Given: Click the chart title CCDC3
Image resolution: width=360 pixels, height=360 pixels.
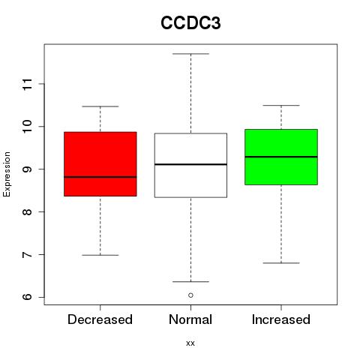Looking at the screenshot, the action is tap(190, 23).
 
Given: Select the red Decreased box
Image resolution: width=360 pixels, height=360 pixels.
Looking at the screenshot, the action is tap(100, 164).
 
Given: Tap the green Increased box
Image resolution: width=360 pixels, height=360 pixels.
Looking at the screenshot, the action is tap(281, 157).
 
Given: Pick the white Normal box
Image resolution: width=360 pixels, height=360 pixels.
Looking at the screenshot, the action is tap(190, 165).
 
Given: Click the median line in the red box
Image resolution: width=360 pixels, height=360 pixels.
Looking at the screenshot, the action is tap(100, 177).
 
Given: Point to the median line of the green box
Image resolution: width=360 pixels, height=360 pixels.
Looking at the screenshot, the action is tap(281, 157).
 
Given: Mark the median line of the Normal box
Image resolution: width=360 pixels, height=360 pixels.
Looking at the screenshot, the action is tap(190, 164).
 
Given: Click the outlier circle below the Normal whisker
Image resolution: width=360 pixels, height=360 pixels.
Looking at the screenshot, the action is tap(190, 295).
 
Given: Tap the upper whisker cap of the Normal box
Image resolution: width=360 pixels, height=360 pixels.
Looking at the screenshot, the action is tap(190, 54).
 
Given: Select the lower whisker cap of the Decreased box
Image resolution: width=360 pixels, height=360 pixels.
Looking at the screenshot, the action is tap(100, 255).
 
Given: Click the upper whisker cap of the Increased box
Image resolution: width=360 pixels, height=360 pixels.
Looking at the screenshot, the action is tap(281, 106).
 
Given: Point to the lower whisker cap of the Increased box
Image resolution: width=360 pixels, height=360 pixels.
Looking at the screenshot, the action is tap(281, 263).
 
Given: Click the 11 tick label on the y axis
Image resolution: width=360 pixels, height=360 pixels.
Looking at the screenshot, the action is tap(28, 84).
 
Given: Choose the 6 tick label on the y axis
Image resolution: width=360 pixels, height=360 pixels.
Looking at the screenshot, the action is tap(28, 297).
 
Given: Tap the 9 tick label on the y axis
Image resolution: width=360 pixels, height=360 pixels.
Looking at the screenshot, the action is tap(28, 169).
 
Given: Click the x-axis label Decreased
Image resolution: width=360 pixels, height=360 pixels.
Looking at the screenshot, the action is tap(100, 319).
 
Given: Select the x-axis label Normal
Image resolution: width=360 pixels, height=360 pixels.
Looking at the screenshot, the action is tap(190, 319).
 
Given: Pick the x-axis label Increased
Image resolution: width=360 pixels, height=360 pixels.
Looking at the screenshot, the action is tap(281, 319).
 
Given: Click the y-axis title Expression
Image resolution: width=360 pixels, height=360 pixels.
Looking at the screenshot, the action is tap(7, 174).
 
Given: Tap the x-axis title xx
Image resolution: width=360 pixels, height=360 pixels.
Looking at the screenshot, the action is tap(190, 343).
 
